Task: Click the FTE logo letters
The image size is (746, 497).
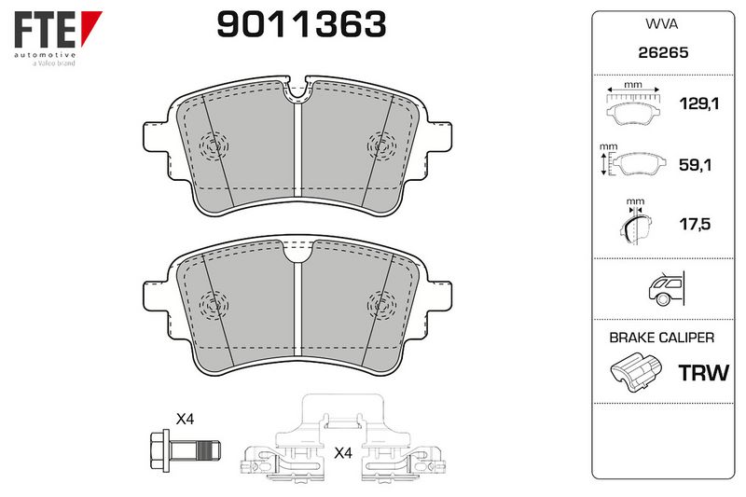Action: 45,29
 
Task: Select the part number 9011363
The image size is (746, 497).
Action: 301,24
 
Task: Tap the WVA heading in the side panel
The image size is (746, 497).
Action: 661,24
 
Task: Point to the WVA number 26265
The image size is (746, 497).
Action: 663,52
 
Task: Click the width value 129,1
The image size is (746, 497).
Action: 698,104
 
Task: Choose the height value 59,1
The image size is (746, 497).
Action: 695,165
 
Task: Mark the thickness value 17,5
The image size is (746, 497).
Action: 695,224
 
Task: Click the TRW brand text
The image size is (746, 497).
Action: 703,373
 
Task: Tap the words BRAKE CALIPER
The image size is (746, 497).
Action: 661,338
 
